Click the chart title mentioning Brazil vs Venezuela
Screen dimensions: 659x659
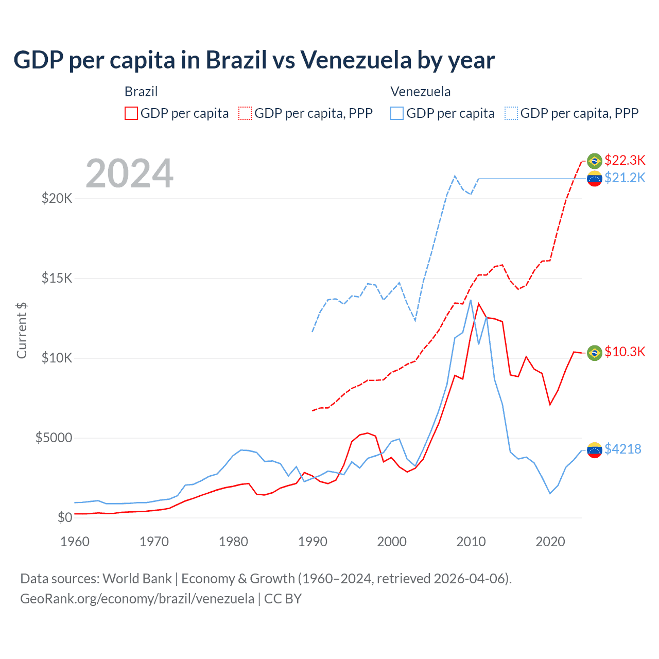coord(254,60)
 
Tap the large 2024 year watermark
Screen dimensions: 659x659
coord(129,174)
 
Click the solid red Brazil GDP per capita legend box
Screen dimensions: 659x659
coord(131,113)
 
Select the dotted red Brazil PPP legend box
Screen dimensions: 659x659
coord(245,113)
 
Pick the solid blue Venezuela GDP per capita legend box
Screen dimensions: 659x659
coord(397,113)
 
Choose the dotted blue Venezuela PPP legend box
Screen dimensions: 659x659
coord(511,113)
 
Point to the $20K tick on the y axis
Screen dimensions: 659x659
coord(57,198)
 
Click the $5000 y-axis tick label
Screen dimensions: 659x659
coord(54,438)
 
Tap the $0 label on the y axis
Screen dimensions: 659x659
coord(64,517)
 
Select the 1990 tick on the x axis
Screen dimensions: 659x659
coord(313,542)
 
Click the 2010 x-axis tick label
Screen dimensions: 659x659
coord(471,542)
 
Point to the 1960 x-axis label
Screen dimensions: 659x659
coord(75,542)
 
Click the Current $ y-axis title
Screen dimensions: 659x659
coord(22,331)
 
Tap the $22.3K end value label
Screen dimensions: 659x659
coord(625,160)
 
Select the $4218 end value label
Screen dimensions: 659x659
coord(622,449)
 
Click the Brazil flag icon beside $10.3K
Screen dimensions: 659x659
coord(595,353)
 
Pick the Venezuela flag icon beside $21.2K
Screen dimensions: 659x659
coord(595,179)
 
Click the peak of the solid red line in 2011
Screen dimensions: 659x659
coord(479,304)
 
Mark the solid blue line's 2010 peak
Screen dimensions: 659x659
coord(471,300)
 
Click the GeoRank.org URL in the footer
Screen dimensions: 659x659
coord(137,599)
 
